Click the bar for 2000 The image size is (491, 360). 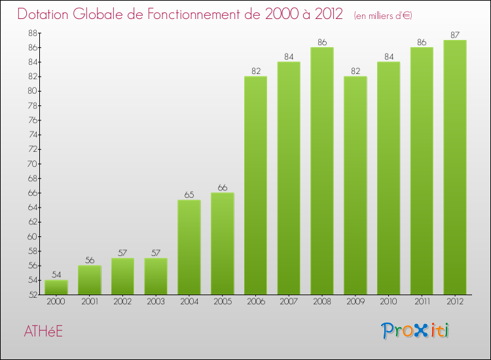pyautogui.click(x=56, y=287)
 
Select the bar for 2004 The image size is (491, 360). pyautogui.click(x=189, y=247)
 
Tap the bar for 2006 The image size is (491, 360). pyautogui.click(x=255, y=185)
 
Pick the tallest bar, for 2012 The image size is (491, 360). pyautogui.click(x=455, y=168)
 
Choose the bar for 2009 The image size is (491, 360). pyautogui.click(x=355, y=185)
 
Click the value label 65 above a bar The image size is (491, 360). pyautogui.click(x=189, y=194)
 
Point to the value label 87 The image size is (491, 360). pyautogui.click(x=455, y=35)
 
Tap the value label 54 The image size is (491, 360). pyautogui.click(x=56, y=274)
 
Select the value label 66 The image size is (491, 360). pyautogui.click(x=223, y=187)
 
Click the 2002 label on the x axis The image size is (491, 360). pyautogui.click(x=122, y=302)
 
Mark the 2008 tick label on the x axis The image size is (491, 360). pyautogui.click(x=322, y=302)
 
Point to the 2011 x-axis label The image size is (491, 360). pyautogui.click(x=422, y=302)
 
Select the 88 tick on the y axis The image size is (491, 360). pyautogui.click(x=32, y=33)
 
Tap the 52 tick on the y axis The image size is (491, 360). pyautogui.click(x=32, y=295)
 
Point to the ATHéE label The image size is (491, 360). pyautogui.click(x=43, y=331)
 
